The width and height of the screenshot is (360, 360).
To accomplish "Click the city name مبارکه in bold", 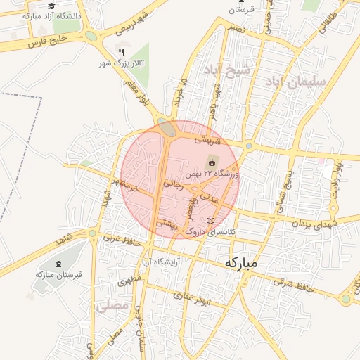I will click(242, 263).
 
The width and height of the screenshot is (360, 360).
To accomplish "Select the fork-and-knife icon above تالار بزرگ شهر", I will click(122, 52).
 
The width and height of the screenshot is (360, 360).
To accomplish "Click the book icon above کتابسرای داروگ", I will click(210, 221).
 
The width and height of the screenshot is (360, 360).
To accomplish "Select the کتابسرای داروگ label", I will click(210, 231).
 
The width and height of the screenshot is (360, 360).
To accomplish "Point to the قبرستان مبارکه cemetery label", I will click(58, 275).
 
